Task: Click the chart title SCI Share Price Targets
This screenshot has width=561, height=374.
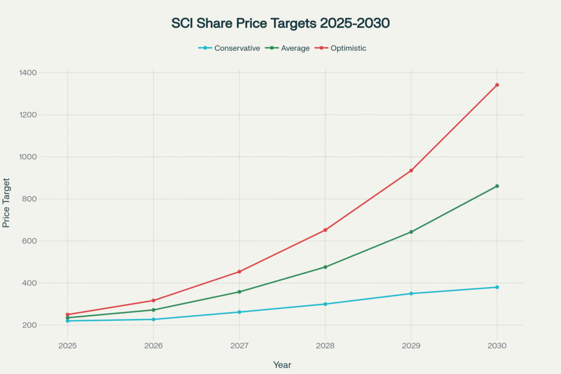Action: (280, 24)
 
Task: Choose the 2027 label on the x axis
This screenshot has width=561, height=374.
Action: (239, 346)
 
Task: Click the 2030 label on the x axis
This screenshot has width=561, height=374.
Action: (497, 346)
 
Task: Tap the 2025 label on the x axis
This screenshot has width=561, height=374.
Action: (67, 346)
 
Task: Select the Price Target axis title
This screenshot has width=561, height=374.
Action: (7, 203)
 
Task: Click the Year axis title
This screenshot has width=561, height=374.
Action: (282, 365)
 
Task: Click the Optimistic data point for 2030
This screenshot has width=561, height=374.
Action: (497, 85)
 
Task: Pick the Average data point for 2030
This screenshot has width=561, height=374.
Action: (497, 186)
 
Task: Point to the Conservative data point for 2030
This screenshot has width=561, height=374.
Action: (497, 287)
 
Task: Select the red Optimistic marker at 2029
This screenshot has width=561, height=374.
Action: (411, 170)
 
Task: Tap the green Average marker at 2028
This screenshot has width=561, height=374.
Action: (325, 267)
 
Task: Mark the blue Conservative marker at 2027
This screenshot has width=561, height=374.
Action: (239, 312)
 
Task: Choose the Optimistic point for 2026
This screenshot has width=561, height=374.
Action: (153, 301)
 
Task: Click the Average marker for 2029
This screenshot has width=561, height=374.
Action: (411, 232)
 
